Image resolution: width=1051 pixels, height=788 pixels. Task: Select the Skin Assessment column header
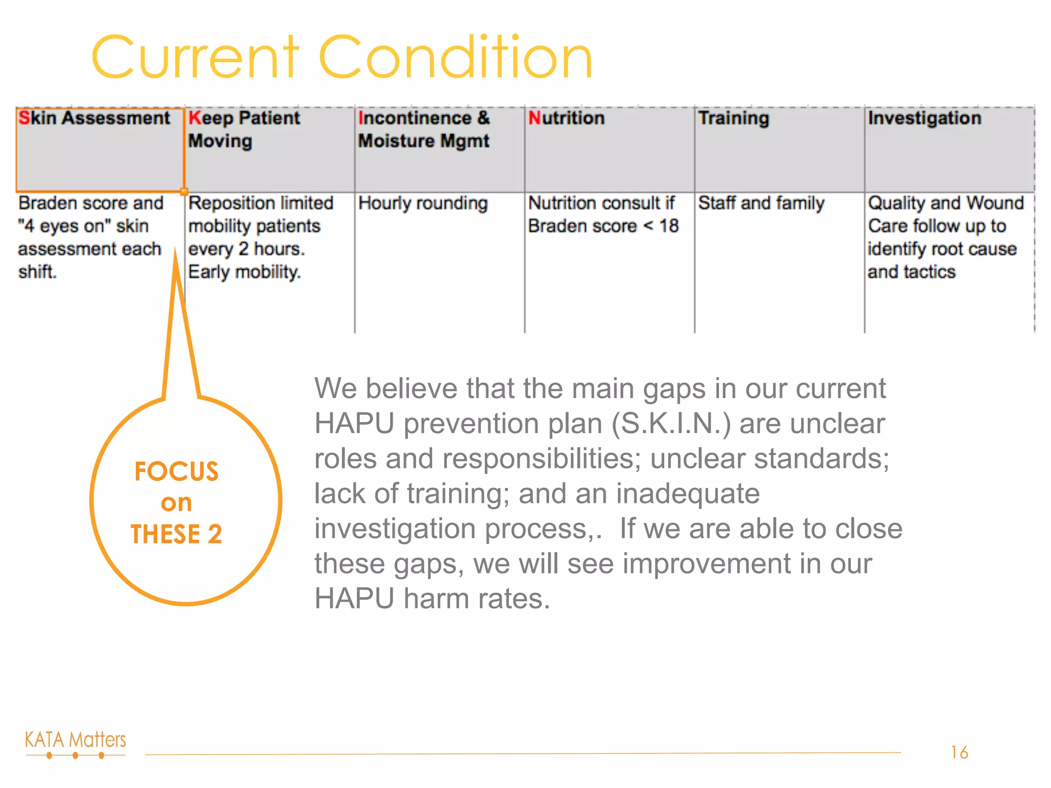(x=94, y=119)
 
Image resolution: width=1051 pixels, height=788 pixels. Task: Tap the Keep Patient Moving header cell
(x=244, y=129)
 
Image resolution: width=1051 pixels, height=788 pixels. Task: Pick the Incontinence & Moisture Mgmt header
(x=424, y=129)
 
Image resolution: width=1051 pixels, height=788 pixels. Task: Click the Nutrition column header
(x=567, y=119)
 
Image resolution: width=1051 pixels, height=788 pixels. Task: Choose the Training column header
(x=734, y=119)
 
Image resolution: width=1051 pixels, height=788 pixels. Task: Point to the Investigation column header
(x=925, y=119)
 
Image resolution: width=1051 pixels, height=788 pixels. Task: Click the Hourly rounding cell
(x=423, y=204)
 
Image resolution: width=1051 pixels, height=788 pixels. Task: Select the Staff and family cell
(x=762, y=204)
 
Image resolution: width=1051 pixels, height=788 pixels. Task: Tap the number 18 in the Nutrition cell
(x=669, y=226)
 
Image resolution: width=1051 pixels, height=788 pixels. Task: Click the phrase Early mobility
(x=244, y=272)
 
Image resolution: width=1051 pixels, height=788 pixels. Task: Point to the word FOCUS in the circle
(x=177, y=471)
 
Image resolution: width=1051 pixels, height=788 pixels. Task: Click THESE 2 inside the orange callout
(x=177, y=534)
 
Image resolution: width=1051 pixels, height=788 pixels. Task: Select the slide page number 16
(x=959, y=753)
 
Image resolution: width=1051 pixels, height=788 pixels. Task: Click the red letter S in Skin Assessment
(x=24, y=118)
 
